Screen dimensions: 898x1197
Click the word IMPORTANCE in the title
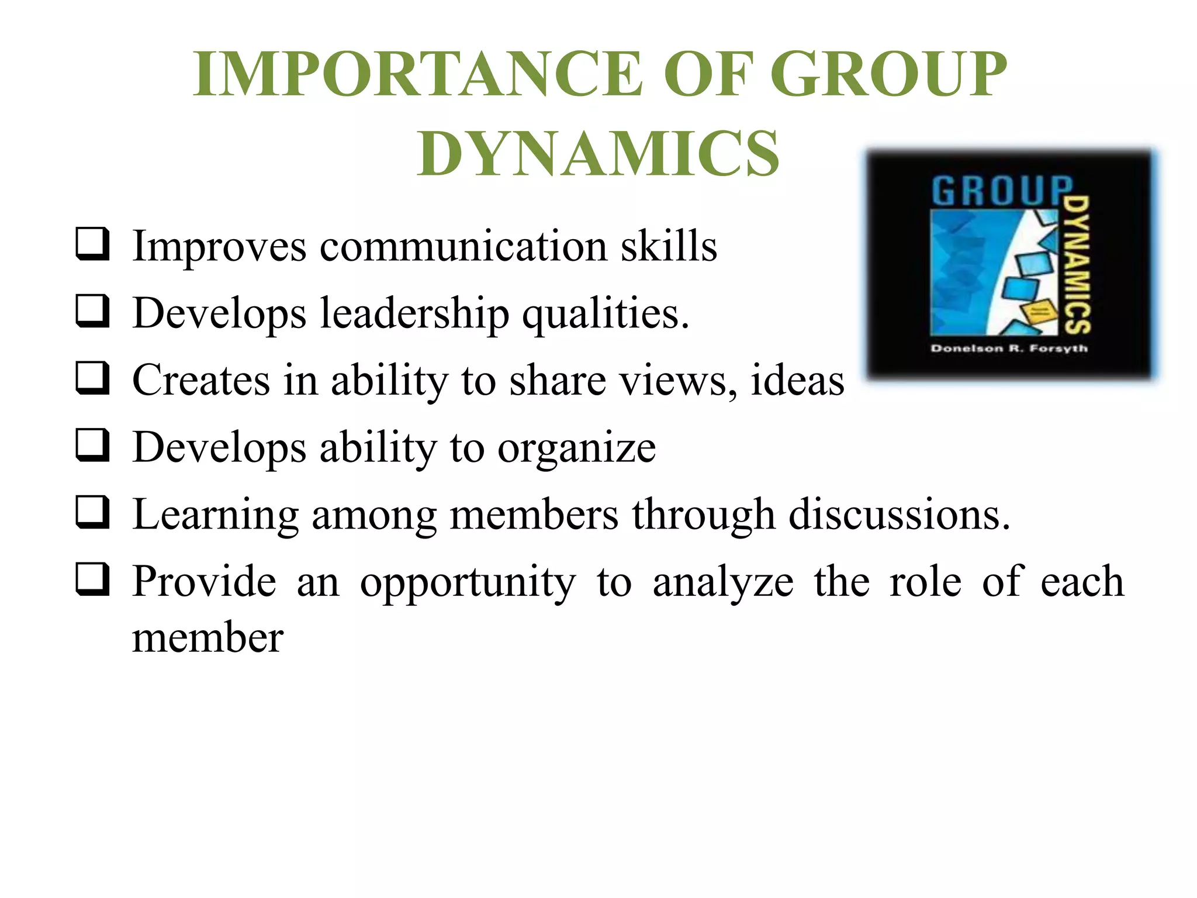418,74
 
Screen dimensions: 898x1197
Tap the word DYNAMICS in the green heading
598,154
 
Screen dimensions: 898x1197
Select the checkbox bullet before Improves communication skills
92,244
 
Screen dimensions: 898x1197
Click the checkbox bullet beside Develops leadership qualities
92,311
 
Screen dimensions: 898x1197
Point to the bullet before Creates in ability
92,378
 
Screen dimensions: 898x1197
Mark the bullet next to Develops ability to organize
92,445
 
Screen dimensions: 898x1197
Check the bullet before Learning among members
92,513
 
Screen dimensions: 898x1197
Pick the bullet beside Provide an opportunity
92,579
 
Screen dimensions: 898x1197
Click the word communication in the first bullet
463,246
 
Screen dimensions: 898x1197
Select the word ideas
797,380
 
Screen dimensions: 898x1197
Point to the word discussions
900,514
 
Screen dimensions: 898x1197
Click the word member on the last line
207,637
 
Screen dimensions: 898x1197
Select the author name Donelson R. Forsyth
1009,348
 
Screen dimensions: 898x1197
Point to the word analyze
723,582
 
